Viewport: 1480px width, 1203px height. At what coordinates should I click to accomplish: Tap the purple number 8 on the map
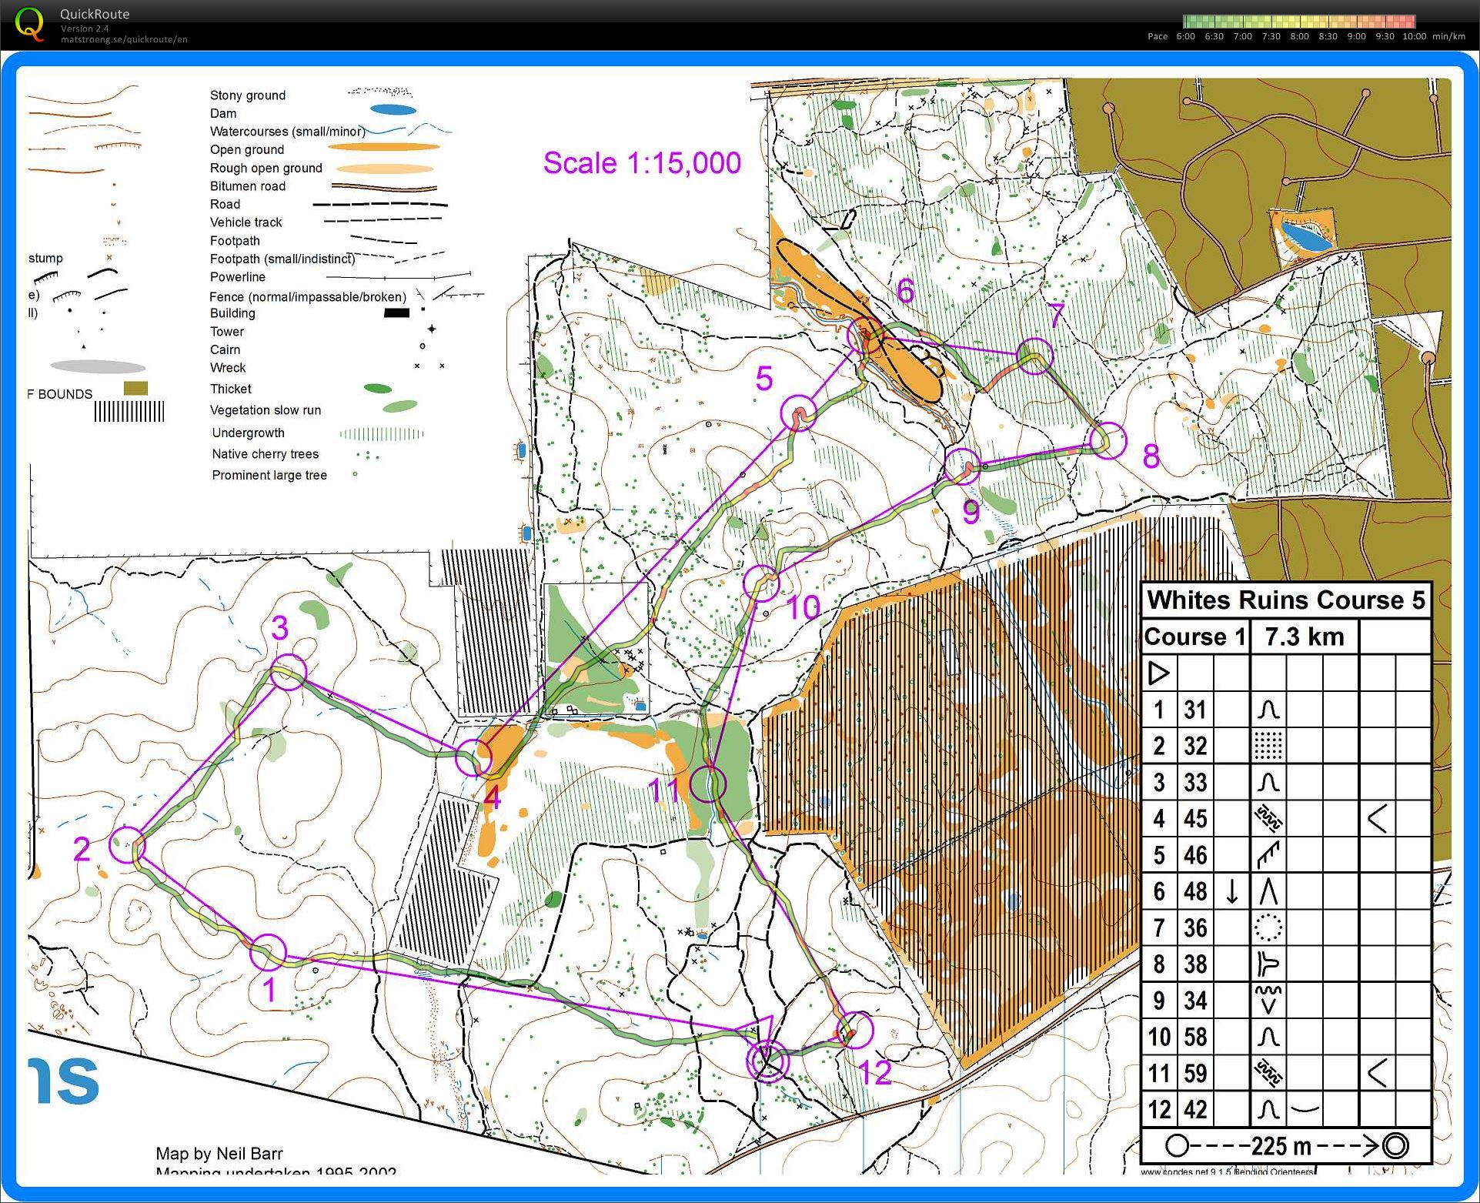pyautogui.click(x=1151, y=456)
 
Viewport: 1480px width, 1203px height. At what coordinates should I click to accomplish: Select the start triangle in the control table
pyautogui.click(x=1158, y=673)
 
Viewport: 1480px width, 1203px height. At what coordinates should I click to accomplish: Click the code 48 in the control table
pyautogui.click(x=1195, y=891)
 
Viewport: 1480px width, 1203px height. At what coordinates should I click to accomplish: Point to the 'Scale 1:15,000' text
pyautogui.click(x=642, y=163)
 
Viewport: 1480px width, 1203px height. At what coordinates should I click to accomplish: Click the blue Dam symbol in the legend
pyautogui.click(x=393, y=111)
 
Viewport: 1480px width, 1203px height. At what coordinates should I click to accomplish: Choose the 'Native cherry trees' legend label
pyautogui.click(x=265, y=454)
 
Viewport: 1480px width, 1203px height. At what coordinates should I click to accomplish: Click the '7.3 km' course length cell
pyautogui.click(x=1304, y=637)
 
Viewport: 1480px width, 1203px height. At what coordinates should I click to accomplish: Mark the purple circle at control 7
pyautogui.click(x=1035, y=356)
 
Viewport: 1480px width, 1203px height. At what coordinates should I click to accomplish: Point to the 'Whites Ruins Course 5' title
pyautogui.click(x=1285, y=600)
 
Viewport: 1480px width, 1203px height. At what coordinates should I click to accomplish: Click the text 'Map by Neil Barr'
pyautogui.click(x=219, y=1154)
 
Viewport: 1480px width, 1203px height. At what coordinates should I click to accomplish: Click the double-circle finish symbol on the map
pyautogui.click(x=767, y=1061)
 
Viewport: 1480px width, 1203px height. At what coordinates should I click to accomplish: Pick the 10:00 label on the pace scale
pyautogui.click(x=1414, y=36)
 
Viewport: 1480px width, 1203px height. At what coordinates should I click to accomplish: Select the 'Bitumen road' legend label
pyautogui.click(x=247, y=186)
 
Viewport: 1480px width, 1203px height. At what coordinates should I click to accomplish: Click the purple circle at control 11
pyautogui.click(x=707, y=784)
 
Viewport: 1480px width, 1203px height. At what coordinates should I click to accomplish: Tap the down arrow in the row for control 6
pyautogui.click(x=1232, y=891)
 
